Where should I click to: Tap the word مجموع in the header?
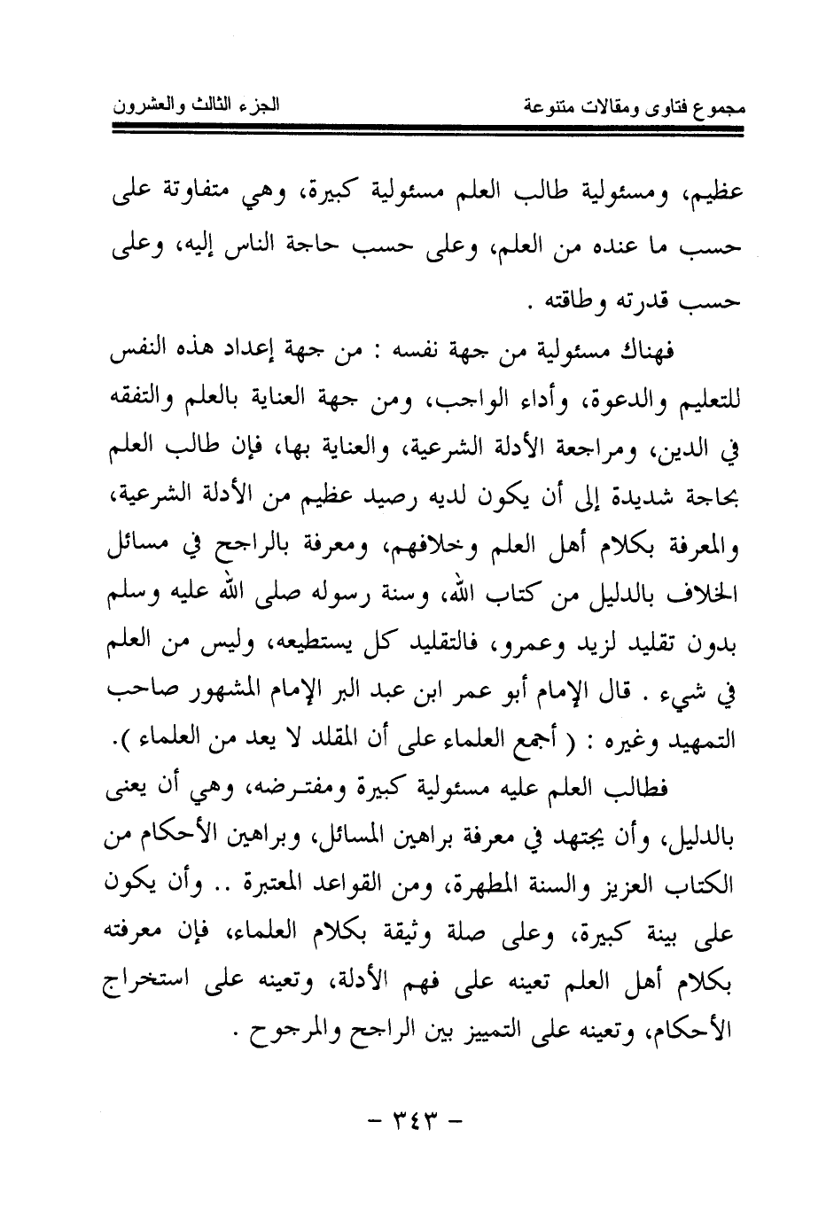pos(716,110)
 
